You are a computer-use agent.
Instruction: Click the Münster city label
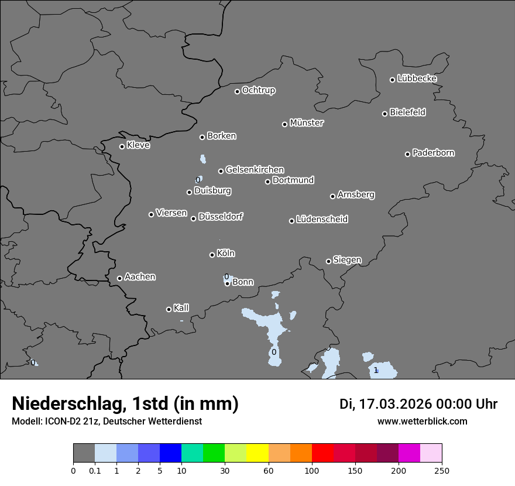(x=307, y=123)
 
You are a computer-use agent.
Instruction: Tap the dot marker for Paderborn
(x=408, y=154)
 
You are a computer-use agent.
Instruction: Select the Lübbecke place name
(x=417, y=78)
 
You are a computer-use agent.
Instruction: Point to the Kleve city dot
(x=122, y=146)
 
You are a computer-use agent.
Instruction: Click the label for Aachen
(x=140, y=277)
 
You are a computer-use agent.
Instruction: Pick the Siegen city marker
(x=328, y=261)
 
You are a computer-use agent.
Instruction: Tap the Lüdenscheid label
(x=322, y=220)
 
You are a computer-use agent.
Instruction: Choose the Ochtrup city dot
(x=237, y=91)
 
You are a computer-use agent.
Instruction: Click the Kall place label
(x=181, y=308)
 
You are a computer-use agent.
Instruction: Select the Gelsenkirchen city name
(x=255, y=170)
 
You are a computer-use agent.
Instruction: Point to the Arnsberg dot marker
(x=332, y=196)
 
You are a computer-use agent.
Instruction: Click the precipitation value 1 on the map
(x=376, y=370)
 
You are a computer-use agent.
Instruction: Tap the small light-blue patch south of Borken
(x=202, y=159)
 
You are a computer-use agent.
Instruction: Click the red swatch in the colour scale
(x=322, y=453)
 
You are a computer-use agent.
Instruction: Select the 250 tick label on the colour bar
(x=441, y=470)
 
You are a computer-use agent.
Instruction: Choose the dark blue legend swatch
(x=170, y=453)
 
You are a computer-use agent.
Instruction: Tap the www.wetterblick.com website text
(x=422, y=421)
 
